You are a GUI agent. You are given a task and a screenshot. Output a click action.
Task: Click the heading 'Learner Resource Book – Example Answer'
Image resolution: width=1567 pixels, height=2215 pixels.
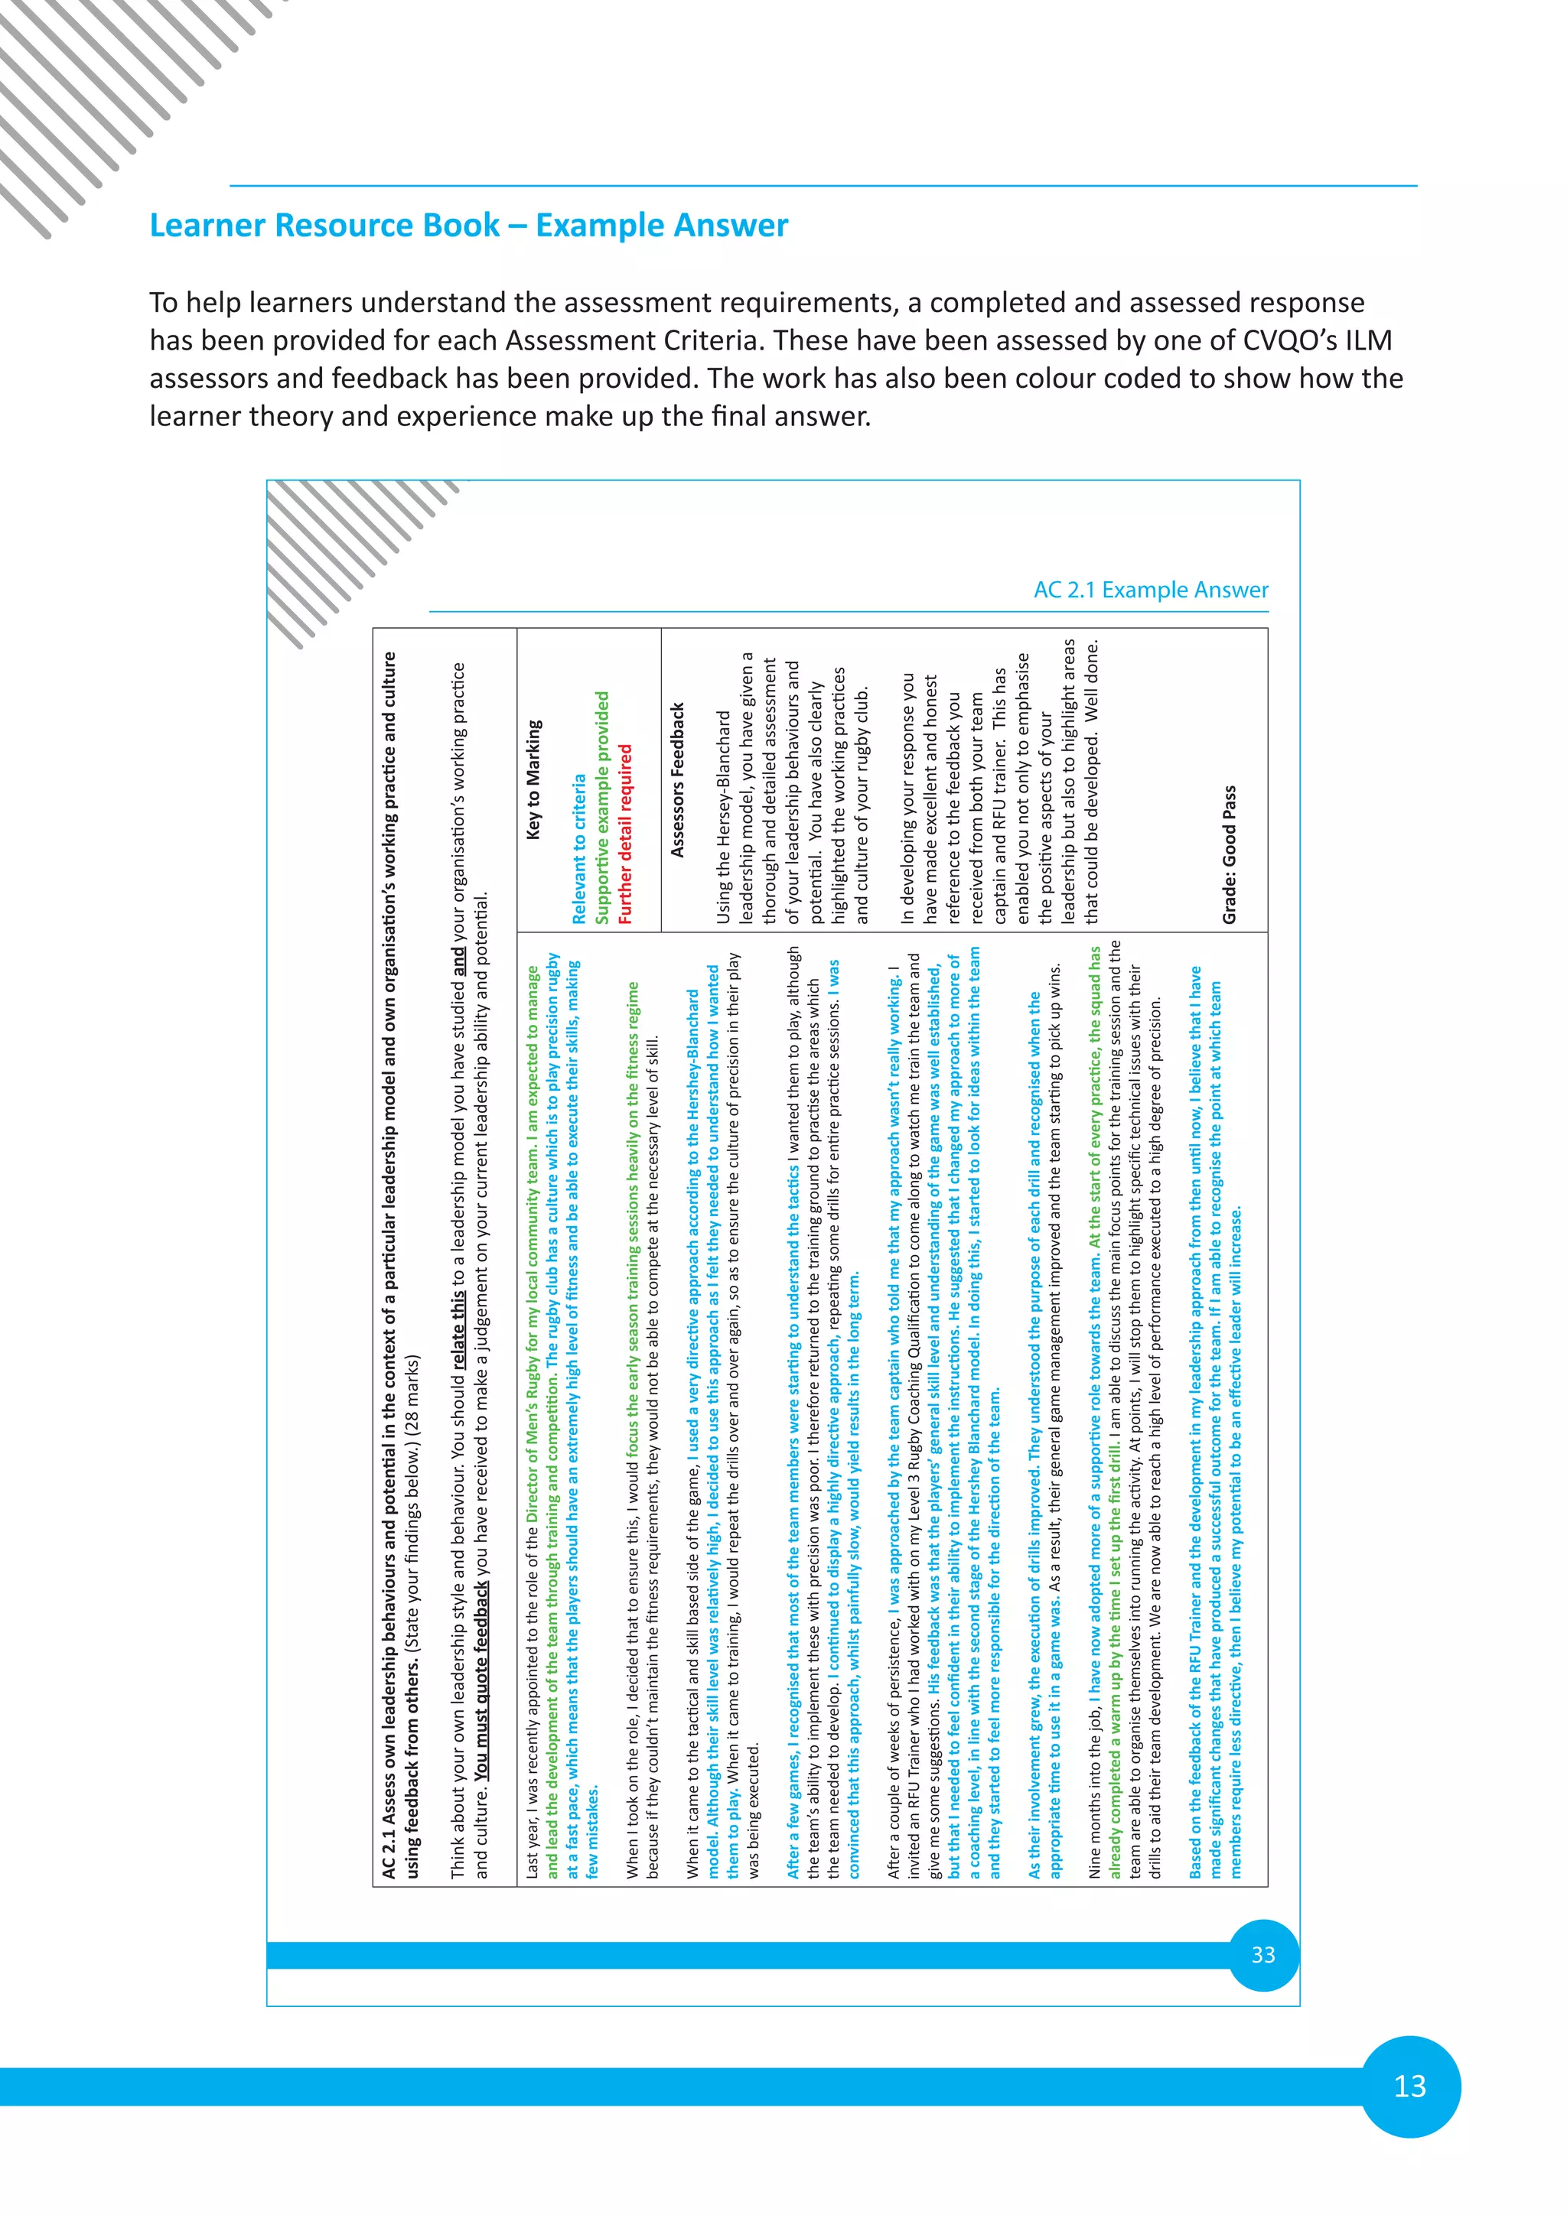point(468,225)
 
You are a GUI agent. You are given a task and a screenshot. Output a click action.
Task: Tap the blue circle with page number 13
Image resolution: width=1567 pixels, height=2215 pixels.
point(1409,2087)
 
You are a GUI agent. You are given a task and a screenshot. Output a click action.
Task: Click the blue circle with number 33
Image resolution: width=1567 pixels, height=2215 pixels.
point(1263,1954)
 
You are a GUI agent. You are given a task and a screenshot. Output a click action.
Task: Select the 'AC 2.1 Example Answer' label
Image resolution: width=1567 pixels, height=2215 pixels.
point(1150,590)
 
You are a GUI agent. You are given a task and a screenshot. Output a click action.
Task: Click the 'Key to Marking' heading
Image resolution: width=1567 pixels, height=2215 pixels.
point(533,779)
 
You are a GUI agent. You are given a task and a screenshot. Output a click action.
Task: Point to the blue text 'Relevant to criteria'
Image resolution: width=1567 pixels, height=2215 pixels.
point(579,849)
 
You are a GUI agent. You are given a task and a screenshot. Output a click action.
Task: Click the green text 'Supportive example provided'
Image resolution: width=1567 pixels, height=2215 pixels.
point(602,808)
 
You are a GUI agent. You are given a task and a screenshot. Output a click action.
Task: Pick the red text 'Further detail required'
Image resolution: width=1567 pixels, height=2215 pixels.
point(625,834)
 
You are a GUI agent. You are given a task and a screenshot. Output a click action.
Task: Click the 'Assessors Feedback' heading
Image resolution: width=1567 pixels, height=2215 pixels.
point(677,779)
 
